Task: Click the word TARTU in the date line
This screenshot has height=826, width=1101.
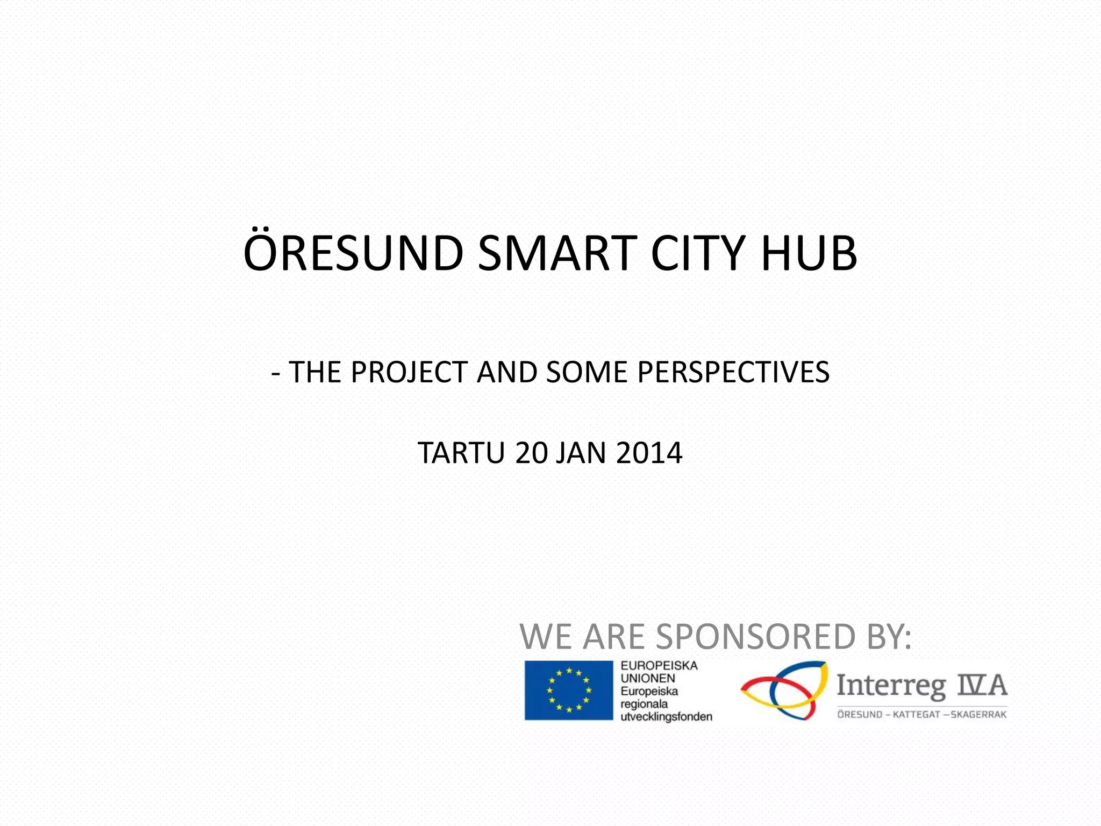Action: pyautogui.click(x=461, y=453)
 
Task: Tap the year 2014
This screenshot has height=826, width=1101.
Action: pyautogui.click(x=649, y=453)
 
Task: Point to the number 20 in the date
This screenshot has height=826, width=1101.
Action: pyautogui.click(x=531, y=453)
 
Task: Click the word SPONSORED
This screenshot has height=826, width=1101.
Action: pyautogui.click(x=755, y=637)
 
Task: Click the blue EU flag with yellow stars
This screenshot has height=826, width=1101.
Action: pyautogui.click(x=568, y=690)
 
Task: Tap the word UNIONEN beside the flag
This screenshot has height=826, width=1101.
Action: pyautogui.click(x=647, y=679)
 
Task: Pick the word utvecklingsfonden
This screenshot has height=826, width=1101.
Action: pyautogui.click(x=666, y=716)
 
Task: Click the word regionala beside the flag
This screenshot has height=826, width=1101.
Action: pyautogui.click(x=644, y=704)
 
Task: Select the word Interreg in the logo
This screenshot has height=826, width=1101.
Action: pyautogui.click(x=890, y=686)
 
